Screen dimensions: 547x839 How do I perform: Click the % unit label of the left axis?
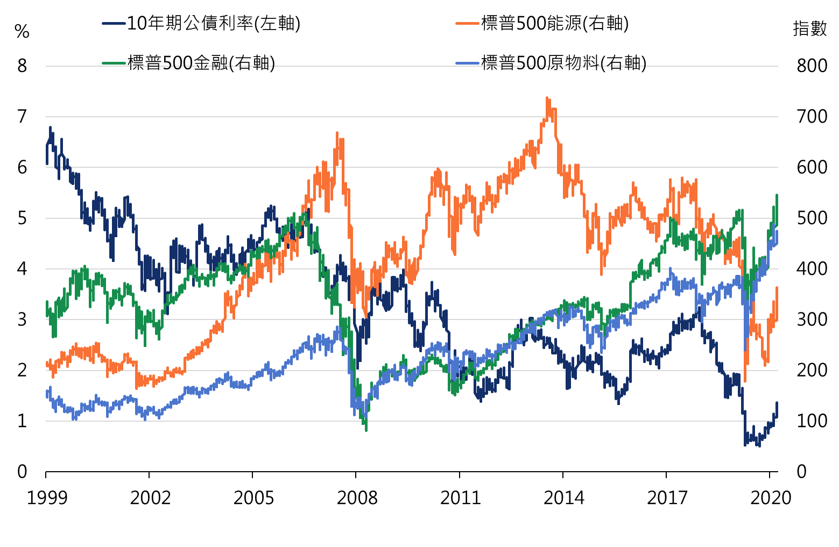22,32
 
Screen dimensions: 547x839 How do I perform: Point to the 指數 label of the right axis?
809,28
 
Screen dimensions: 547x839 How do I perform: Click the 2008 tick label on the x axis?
356,498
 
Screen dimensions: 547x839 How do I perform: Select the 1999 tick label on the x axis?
47,498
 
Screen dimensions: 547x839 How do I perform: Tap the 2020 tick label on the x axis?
771,498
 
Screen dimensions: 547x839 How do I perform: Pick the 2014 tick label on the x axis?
563,498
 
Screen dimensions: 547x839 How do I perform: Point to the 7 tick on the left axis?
22,116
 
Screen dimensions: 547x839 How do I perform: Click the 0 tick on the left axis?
22,472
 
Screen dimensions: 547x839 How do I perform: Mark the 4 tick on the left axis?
22,268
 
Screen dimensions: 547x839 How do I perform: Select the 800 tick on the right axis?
812,66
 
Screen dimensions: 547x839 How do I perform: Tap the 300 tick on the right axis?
812,319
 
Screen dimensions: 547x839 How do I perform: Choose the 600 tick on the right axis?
812,167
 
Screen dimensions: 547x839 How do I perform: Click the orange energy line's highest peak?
547,98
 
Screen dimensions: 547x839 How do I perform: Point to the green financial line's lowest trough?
366,430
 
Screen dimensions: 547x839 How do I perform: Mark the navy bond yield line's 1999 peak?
50,128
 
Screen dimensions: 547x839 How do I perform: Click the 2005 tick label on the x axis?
253,498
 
